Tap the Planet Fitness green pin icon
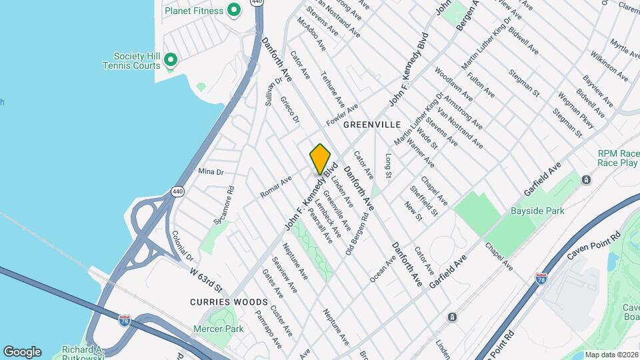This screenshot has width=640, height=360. click(233, 10)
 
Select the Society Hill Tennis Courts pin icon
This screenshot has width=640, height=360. click(171, 61)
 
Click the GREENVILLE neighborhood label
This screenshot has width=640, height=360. click(372, 125)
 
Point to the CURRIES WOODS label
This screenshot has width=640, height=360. click(219, 302)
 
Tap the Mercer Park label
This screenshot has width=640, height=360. click(218, 329)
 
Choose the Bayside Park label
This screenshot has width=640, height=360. click(537, 211)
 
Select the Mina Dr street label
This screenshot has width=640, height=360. click(211, 171)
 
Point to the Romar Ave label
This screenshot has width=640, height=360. click(276, 186)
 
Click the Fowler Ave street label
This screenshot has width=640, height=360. click(342, 114)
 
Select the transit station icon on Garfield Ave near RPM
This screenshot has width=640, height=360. click(586, 179)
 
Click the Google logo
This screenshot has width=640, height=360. click(22, 352)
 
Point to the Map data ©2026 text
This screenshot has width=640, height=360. click(611, 355)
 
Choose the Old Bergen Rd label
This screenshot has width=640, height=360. click(357, 229)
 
